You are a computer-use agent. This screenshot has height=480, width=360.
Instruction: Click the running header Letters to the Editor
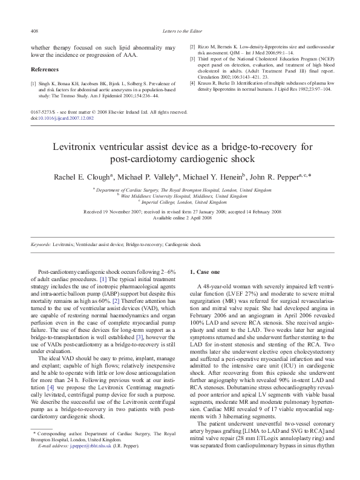click(x=180, y=30)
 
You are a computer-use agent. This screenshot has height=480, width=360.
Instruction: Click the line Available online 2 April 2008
click(x=180, y=218)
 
